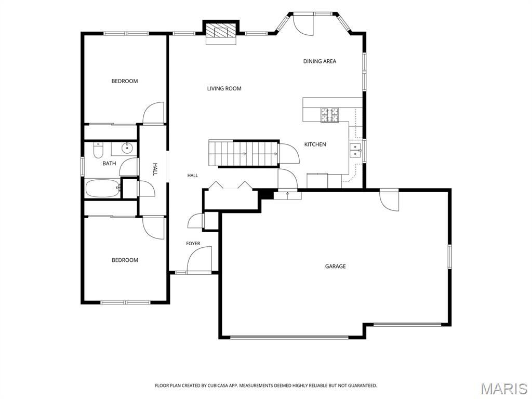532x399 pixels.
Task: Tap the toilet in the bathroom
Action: [98, 150]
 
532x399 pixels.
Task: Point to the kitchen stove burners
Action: [330, 115]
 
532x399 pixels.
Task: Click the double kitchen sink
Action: [355, 150]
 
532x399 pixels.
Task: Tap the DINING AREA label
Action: [320, 61]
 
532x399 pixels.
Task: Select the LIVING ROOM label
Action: [224, 88]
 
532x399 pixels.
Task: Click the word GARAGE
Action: [335, 267]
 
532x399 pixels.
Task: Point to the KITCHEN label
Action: [315, 144]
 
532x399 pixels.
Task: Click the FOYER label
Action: [193, 244]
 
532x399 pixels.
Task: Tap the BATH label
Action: [109, 164]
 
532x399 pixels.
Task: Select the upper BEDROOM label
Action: [125, 81]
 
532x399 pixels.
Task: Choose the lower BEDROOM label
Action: [125, 260]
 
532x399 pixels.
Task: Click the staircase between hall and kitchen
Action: [244, 153]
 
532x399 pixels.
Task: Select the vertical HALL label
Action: [155, 169]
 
